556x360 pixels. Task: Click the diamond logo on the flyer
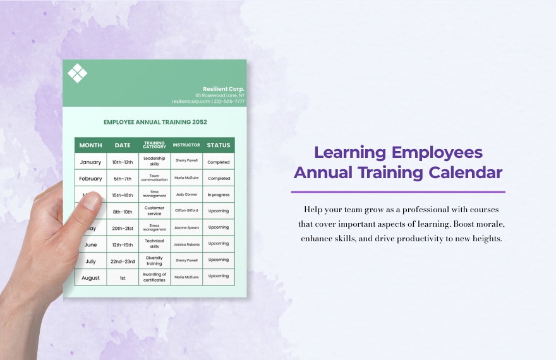pyautogui.click(x=78, y=73)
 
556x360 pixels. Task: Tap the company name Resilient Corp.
pyautogui.click(x=223, y=89)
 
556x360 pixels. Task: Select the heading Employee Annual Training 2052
pyautogui.click(x=155, y=122)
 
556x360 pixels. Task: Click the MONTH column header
pyautogui.click(x=90, y=145)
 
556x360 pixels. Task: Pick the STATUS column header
pyautogui.click(x=219, y=145)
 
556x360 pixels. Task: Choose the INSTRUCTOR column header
pyautogui.click(x=186, y=145)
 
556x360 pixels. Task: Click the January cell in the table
pyautogui.click(x=90, y=162)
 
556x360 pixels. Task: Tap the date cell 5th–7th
pyautogui.click(x=123, y=179)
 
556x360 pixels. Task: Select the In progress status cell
pyautogui.click(x=219, y=195)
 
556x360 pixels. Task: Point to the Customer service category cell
pyautogui.click(x=154, y=211)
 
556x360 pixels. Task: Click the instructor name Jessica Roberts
pyautogui.click(x=186, y=244)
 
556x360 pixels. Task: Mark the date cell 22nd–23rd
pyautogui.click(x=123, y=260)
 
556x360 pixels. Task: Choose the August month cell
pyautogui.click(x=90, y=277)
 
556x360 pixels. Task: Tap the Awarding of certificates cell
pyautogui.click(x=154, y=277)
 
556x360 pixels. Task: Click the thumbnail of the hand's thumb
pyautogui.click(x=92, y=201)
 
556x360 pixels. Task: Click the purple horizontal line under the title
pyautogui.click(x=398, y=191)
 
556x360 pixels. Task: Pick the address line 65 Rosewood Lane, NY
pyautogui.click(x=219, y=95)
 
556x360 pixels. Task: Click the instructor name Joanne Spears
pyautogui.click(x=186, y=227)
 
